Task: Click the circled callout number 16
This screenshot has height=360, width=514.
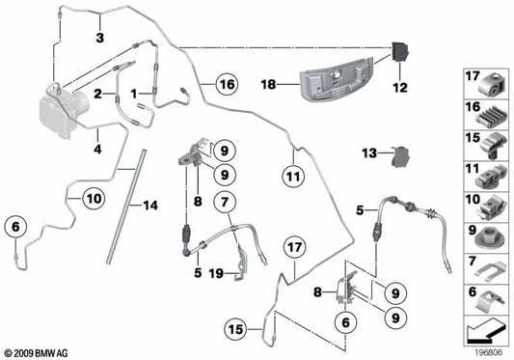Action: click(227, 84)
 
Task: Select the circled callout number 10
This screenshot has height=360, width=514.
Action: click(94, 198)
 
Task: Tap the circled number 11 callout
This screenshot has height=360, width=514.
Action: click(293, 177)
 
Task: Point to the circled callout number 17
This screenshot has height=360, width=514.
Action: click(295, 247)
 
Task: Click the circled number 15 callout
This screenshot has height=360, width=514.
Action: click(235, 329)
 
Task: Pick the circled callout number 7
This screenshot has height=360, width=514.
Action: click(225, 202)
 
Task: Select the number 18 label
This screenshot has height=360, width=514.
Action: click(268, 85)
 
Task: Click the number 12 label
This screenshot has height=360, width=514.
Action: click(400, 88)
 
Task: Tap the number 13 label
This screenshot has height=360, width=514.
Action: click(369, 153)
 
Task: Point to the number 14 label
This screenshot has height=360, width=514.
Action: click(150, 206)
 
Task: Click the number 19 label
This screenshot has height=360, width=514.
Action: click(216, 273)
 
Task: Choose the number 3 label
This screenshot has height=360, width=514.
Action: click(100, 38)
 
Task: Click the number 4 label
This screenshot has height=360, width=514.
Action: click(97, 150)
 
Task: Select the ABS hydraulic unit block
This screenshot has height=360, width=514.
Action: click(64, 112)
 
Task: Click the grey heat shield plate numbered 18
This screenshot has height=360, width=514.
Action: click(337, 80)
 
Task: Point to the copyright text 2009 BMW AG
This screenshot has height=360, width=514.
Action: click(35, 353)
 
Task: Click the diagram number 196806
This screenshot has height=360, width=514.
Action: click(489, 353)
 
